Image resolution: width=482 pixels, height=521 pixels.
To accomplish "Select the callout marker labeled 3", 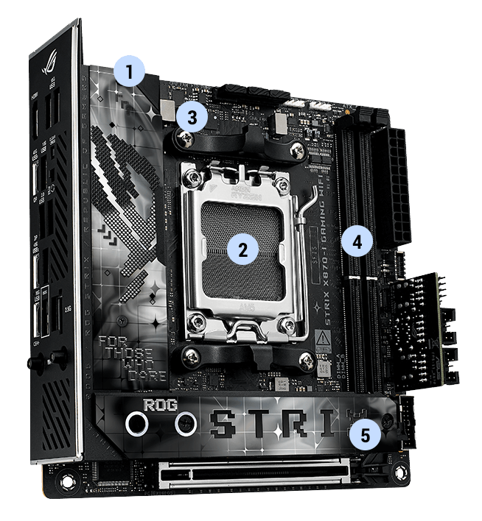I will pyautogui.click(x=191, y=116).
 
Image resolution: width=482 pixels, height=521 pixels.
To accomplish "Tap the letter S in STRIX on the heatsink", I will pyautogui.click(x=223, y=424).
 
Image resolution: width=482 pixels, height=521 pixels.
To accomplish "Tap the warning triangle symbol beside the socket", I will pyautogui.click(x=322, y=338).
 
